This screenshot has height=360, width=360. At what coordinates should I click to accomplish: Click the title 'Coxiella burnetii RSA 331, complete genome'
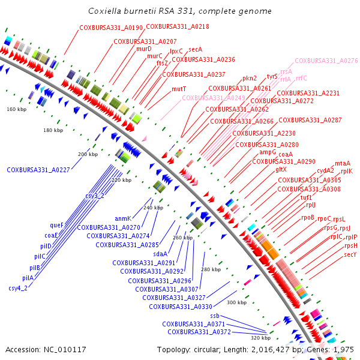(x=179, y=11)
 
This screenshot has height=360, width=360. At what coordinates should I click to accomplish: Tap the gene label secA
(x=195, y=49)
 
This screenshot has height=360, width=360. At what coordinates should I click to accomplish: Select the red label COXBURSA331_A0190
(x=111, y=28)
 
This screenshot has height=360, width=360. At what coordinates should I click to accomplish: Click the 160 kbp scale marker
(x=17, y=109)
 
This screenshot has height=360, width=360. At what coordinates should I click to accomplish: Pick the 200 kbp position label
(x=88, y=154)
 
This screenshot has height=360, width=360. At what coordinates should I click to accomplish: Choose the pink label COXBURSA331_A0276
(x=326, y=61)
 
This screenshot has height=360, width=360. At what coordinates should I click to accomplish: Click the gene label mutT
(x=179, y=88)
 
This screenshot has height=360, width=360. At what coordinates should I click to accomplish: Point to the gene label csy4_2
(x=18, y=288)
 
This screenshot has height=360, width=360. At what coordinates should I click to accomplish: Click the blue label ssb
(x=215, y=316)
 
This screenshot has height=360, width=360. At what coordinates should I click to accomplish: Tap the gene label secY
(x=350, y=254)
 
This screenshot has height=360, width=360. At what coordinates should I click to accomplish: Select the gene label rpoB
(x=308, y=217)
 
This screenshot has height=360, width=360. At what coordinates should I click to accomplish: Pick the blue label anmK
(x=123, y=218)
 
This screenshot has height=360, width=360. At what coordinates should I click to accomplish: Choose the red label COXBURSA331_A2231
(x=308, y=93)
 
